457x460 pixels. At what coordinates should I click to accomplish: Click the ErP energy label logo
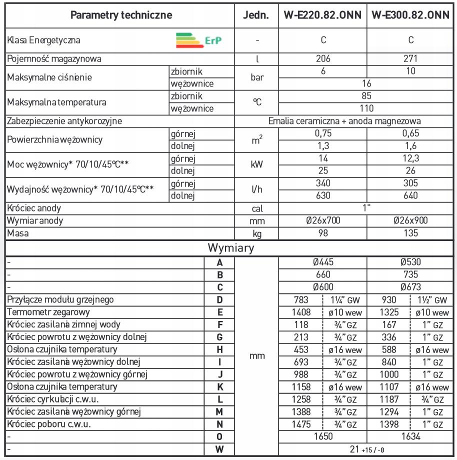coord(198,40)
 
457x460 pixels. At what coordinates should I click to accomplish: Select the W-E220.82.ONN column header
coord(322,15)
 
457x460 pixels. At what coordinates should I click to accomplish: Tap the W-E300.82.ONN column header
coord(410,15)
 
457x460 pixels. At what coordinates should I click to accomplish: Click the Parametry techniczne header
coord(121,15)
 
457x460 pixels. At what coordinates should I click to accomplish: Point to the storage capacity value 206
coord(322,58)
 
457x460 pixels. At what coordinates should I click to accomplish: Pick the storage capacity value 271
coord(410,58)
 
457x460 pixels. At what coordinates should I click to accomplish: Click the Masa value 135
coord(410,233)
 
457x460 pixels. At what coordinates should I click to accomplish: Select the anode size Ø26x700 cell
coord(322,221)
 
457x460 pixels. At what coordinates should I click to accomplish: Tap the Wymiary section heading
coord(231,247)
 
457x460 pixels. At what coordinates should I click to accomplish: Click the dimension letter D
coord(219,300)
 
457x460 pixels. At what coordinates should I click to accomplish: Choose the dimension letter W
coord(219,449)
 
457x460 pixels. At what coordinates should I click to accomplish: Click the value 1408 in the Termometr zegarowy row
coord(301,312)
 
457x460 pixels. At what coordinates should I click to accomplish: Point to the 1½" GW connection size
coord(433,300)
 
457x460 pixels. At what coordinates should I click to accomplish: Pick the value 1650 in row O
coord(322,437)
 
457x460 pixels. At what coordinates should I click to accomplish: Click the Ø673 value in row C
coord(410,287)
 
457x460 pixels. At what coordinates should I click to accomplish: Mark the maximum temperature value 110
coord(366,108)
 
